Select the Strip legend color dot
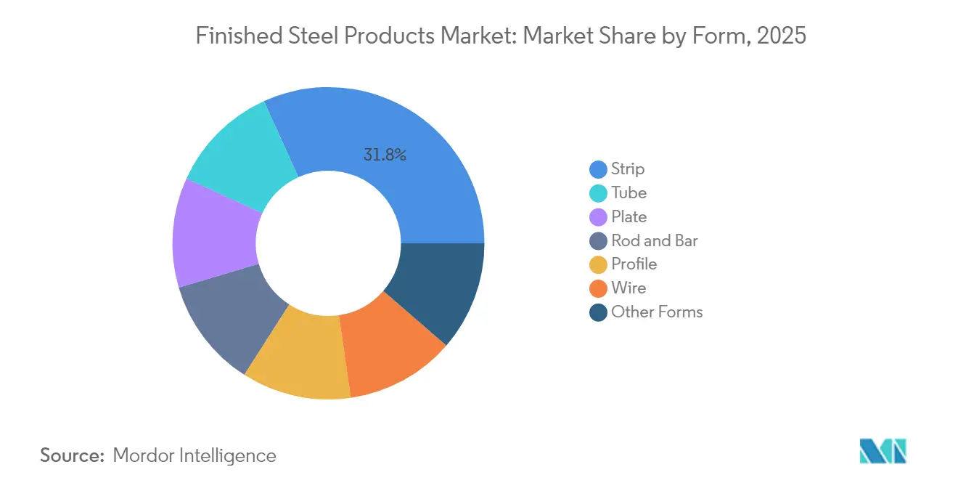(x=598, y=169)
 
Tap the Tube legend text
(x=629, y=192)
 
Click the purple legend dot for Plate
(x=598, y=217)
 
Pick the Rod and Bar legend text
(x=654, y=240)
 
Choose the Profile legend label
(x=634, y=264)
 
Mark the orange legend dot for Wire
(x=598, y=288)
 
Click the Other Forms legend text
(x=657, y=312)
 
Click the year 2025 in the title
(x=781, y=35)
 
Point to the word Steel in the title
(x=317, y=35)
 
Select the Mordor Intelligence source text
(x=195, y=455)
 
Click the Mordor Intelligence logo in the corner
(x=883, y=451)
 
